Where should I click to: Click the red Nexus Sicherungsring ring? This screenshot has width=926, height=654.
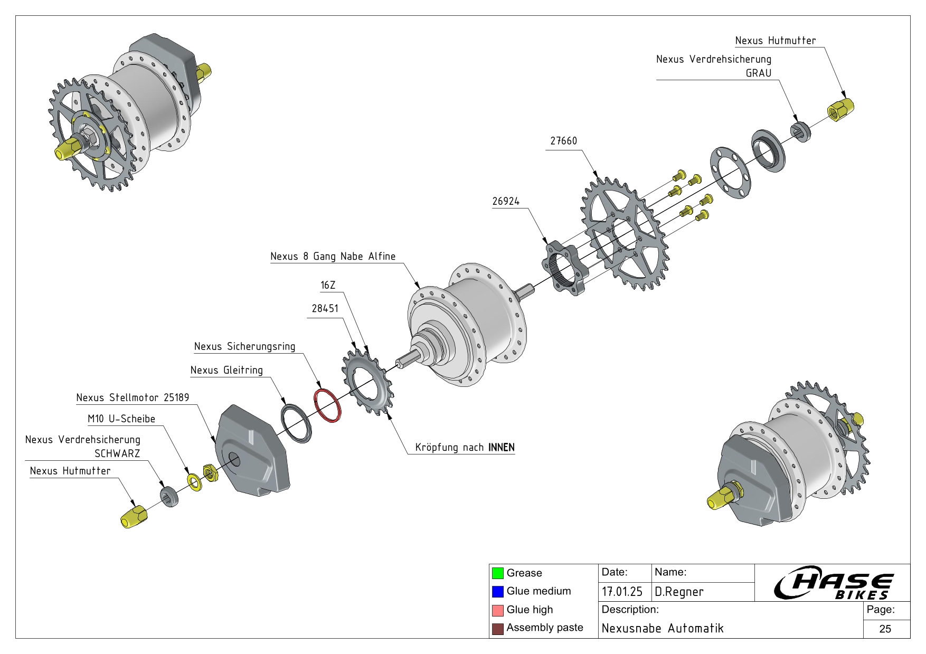[x=327, y=405]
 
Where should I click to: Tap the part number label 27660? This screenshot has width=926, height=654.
[x=563, y=141]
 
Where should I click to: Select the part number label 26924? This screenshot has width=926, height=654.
[x=506, y=202]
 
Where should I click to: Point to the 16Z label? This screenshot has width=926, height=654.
[x=328, y=286]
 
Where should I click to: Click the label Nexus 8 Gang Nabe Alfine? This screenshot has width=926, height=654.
[x=333, y=257]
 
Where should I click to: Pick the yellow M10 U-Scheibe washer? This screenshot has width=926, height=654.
[x=194, y=482]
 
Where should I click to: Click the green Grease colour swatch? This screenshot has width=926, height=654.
[x=497, y=573]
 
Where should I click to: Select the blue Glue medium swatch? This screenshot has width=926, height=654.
[x=497, y=592]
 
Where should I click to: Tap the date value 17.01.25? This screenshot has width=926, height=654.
[x=622, y=592]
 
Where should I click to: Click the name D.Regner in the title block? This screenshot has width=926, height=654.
[x=679, y=592]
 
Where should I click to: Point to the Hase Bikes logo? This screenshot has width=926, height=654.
[x=833, y=583]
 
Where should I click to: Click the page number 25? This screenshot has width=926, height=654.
[x=885, y=629]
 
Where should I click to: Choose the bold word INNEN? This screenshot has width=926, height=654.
[x=501, y=448]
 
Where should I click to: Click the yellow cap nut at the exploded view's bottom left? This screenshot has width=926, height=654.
[x=134, y=516]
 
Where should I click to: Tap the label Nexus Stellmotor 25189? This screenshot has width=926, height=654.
[x=133, y=398]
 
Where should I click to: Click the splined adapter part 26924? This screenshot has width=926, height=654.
[x=564, y=267]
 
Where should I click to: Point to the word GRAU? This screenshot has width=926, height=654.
[x=758, y=73]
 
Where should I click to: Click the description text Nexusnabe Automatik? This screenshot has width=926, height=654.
[x=663, y=629]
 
